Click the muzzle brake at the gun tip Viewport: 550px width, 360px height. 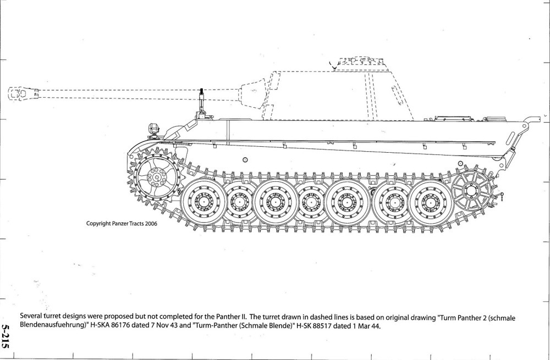pyautogui.click(x=19, y=94)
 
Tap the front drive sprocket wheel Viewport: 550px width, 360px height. pyautogui.click(x=156, y=177)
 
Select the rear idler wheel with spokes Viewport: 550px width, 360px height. pyautogui.click(x=471, y=191)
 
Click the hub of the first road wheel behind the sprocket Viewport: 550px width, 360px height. pyautogui.click(x=204, y=201)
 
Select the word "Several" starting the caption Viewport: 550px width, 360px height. pyautogui.click(x=31, y=317)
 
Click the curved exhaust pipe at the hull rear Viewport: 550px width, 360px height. pyautogui.click(x=530, y=119)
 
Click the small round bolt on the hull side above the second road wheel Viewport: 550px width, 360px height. pyautogui.click(x=245, y=160)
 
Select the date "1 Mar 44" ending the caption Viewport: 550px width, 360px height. pyautogui.click(x=366, y=326)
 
